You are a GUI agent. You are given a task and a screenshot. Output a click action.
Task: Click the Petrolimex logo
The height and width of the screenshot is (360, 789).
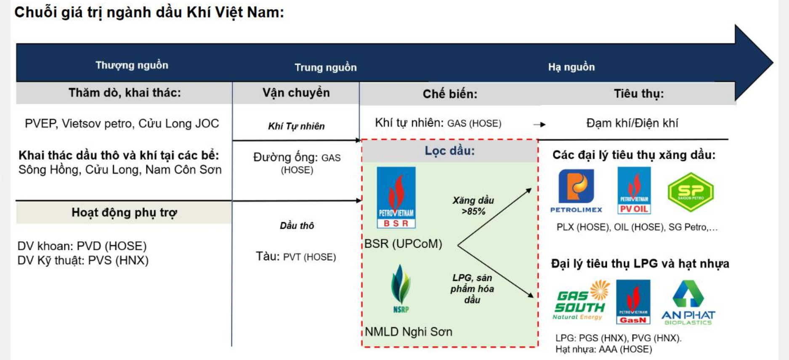576,190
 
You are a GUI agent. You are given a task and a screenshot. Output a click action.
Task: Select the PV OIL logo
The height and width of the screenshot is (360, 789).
634,191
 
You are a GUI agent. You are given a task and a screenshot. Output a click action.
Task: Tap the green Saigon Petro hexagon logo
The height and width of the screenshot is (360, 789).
691,192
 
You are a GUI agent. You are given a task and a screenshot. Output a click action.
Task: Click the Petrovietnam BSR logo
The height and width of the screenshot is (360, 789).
396,197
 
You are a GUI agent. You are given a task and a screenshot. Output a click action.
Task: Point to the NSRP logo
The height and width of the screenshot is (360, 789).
401,288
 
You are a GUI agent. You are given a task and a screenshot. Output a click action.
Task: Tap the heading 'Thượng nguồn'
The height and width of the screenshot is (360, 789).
132,65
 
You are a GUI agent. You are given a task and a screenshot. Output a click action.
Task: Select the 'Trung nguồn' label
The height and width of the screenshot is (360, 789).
325,67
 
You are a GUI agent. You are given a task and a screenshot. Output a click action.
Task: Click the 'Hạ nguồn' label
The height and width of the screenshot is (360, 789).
571,67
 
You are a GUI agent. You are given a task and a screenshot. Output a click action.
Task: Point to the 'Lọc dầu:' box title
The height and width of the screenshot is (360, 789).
449,151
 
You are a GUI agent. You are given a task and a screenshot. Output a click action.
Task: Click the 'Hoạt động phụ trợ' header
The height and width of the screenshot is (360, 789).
124,212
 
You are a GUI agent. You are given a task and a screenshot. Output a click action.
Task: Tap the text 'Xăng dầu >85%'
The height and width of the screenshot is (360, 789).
473,206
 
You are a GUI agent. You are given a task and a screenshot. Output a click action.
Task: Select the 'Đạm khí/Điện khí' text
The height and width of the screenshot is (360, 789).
632,123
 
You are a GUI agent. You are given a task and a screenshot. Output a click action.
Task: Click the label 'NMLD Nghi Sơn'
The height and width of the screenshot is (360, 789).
408,332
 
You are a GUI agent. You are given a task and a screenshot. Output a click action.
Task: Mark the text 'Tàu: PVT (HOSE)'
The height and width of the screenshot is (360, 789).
296,257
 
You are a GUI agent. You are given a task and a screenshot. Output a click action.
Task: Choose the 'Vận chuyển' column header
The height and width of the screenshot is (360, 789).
296,93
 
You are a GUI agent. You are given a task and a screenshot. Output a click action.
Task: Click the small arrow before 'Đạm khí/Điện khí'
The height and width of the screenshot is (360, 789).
539,124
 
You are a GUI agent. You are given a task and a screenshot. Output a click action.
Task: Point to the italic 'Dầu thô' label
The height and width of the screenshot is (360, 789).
297,226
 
